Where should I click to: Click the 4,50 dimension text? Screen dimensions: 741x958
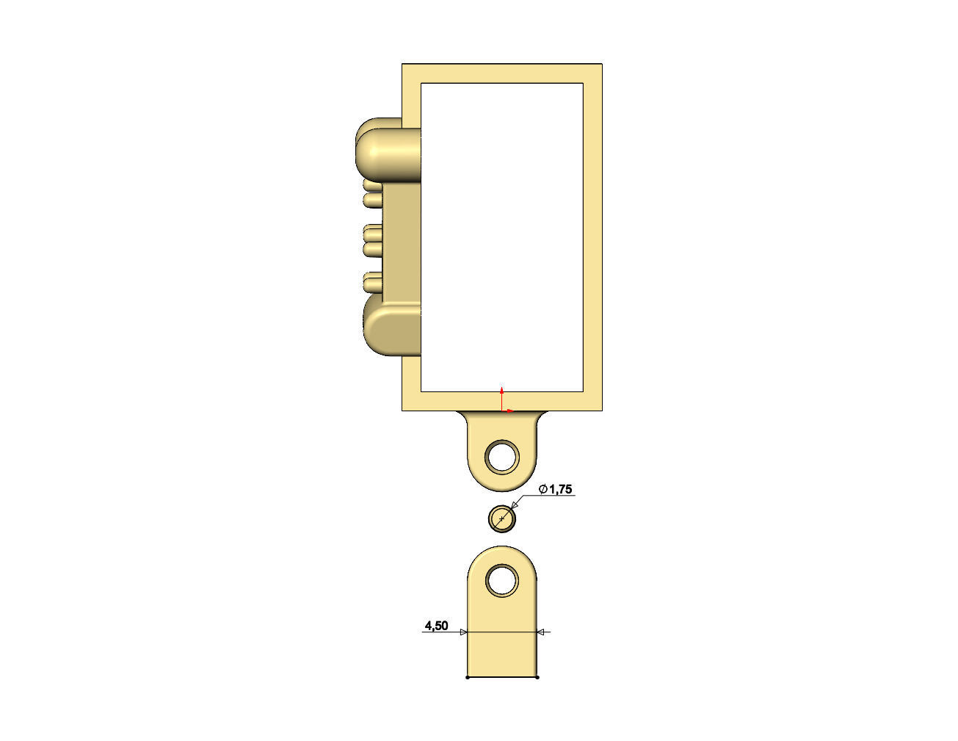pos(436,626)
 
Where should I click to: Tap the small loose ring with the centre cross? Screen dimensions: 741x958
pos(502,519)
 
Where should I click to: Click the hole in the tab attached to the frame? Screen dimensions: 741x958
pos(502,456)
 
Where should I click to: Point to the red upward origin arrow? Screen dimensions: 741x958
pos(501,390)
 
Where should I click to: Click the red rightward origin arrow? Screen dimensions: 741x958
pos(510,411)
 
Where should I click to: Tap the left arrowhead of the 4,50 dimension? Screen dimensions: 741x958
pos(463,632)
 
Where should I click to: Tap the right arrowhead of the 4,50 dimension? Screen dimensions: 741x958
pos(542,632)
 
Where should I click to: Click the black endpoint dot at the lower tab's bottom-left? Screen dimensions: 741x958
pos(468,677)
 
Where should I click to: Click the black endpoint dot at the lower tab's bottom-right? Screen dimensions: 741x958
pos(537,677)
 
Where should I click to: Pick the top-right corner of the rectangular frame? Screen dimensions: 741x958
pos(602,65)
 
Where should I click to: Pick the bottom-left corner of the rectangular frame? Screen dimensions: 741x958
pos(403,409)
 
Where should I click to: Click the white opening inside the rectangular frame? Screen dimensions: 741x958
pos(502,235)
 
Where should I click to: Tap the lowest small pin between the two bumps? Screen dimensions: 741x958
pos(373,280)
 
